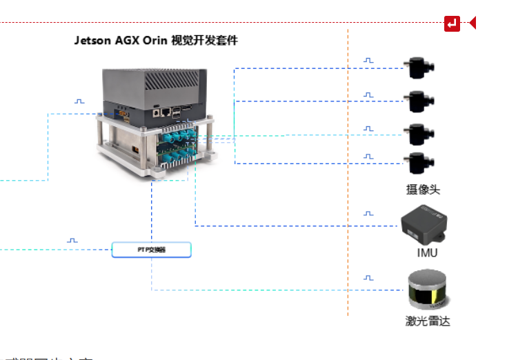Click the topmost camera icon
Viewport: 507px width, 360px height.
click(x=419, y=68)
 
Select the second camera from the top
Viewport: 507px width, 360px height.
click(x=419, y=101)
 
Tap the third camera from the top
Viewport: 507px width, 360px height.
click(x=419, y=134)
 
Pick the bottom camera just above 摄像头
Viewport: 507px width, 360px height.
click(x=419, y=163)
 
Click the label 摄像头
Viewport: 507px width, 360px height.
click(x=423, y=190)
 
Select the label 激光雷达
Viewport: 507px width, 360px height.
click(x=428, y=321)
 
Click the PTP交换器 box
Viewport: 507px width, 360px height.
click(x=151, y=250)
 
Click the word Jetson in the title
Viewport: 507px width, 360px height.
click(x=92, y=41)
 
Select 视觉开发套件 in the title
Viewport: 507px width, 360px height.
click(x=204, y=41)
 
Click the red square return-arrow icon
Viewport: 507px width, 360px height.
click(x=452, y=23)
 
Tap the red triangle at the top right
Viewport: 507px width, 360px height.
click(x=473, y=23)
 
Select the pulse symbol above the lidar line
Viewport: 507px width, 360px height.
click(x=368, y=278)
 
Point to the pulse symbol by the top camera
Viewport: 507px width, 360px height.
click(x=368, y=61)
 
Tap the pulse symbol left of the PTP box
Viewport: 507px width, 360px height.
click(x=72, y=241)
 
